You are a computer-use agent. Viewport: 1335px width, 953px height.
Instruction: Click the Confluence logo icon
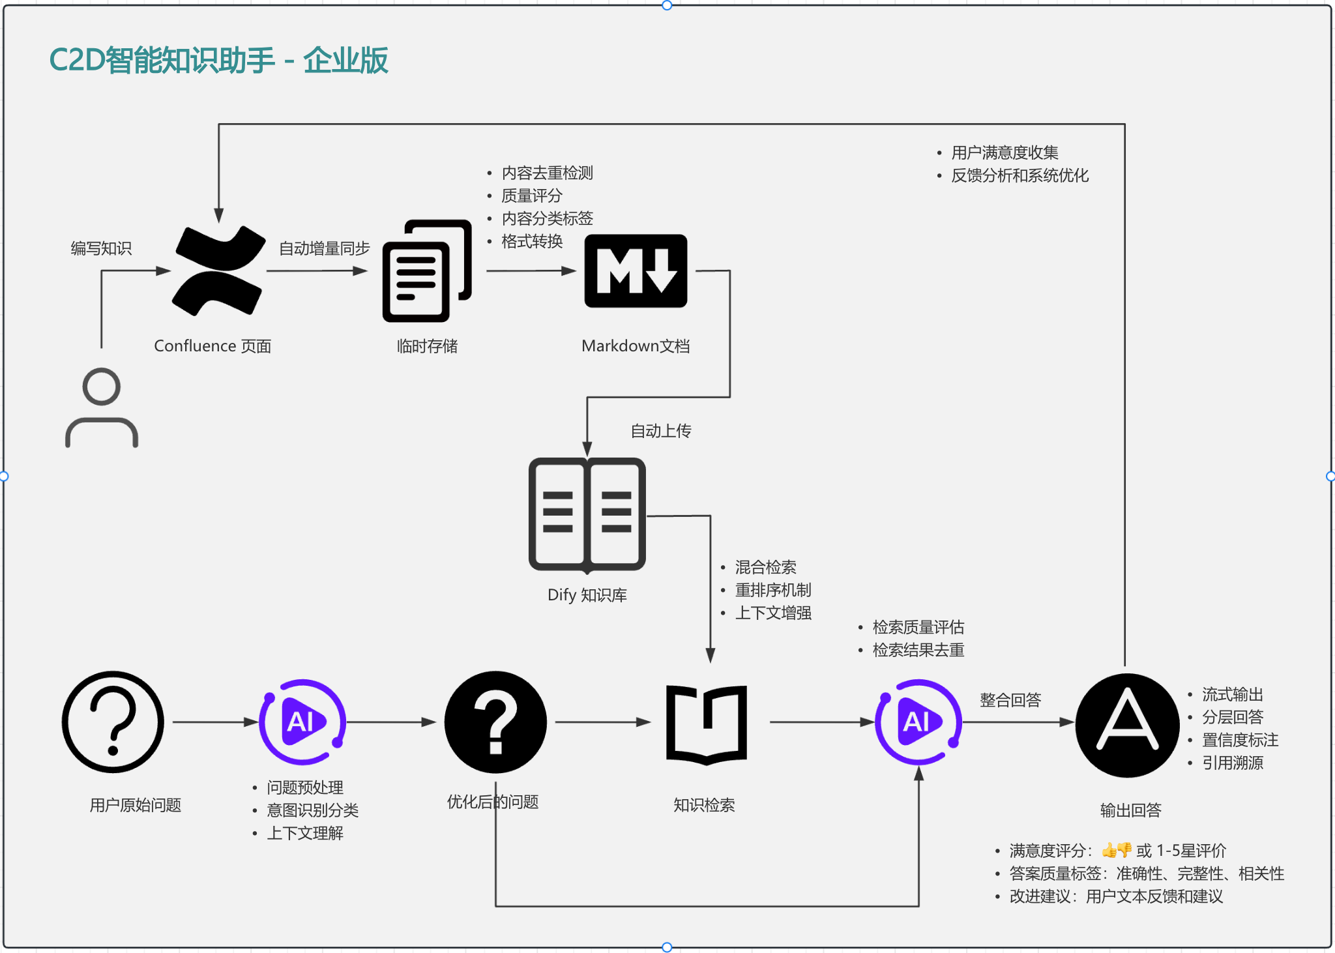219,271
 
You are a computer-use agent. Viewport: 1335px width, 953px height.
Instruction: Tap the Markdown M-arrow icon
636,271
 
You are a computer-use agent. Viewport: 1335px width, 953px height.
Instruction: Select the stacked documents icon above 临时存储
427,271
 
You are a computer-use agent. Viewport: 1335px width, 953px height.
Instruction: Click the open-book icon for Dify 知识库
587,514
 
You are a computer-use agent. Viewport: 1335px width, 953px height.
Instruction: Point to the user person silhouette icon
102,408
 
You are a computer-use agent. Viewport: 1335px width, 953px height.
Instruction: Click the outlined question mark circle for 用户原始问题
113,722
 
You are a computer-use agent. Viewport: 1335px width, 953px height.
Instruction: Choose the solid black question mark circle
495,722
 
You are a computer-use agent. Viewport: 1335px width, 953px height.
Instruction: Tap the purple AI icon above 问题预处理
302,722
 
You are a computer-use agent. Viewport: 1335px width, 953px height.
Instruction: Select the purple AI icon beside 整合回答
918,722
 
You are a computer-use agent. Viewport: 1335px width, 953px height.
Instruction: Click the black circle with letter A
1127,725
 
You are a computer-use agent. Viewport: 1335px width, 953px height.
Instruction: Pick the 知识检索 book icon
707,724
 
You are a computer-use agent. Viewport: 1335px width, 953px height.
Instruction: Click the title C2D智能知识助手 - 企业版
218,61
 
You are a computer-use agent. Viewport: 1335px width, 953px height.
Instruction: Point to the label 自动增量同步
324,248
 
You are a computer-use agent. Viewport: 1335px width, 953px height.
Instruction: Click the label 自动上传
660,431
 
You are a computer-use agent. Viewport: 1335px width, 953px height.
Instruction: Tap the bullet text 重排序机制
773,590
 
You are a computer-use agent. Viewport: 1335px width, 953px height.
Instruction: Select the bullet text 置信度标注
1240,740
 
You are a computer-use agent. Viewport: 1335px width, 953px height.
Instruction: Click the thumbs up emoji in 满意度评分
1109,850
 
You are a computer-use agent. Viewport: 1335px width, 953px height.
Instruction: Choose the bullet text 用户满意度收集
1005,153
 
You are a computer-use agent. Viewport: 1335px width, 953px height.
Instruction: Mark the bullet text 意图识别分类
312,810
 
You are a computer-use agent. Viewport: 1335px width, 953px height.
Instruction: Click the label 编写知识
101,248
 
